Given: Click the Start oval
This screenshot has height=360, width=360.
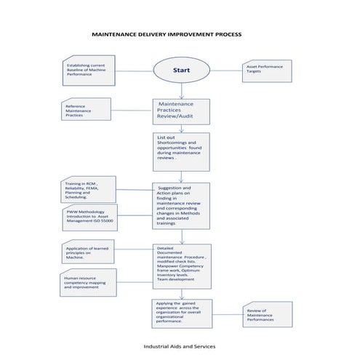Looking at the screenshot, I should click(x=181, y=71).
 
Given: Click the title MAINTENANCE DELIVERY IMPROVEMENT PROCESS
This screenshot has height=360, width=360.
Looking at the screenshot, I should click(x=167, y=34).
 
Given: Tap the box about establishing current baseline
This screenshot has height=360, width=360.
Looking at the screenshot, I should click(x=87, y=70).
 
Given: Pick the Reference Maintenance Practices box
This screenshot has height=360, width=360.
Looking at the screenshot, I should click(x=87, y=110).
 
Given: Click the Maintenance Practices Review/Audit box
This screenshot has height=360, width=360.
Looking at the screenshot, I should click(x=181, y=111).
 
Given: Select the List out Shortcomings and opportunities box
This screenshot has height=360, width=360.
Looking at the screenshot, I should click(x=181, y=151).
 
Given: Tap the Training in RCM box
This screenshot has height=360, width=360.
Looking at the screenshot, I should click(x=87, y=190).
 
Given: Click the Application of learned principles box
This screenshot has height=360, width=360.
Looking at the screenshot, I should click(x=87, y=252).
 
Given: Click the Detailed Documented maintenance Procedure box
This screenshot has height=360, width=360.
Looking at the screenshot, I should click(x=181, y=265).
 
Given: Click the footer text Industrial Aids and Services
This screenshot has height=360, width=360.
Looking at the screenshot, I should click(x=179, y=346).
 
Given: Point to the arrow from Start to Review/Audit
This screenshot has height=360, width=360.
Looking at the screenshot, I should click(x=181, y=91).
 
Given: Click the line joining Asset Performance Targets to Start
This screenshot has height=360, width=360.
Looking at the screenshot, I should click(x=225, y=71).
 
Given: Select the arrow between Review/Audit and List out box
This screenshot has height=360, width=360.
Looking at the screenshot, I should click(x=181, y=128).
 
